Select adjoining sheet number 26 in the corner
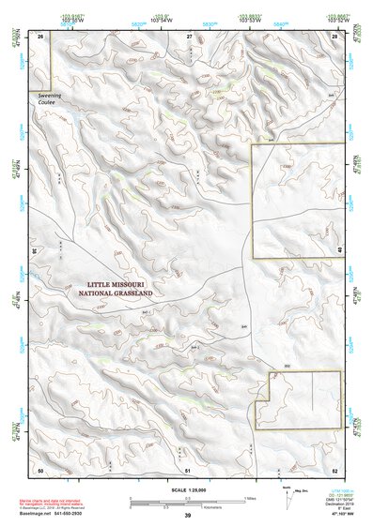coord(40,36)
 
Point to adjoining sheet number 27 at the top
coord(189,36)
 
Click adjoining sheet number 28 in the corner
coord(335,36)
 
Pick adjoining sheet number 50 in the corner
coord(40,469)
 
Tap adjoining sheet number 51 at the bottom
coord(188,469)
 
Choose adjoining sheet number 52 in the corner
coord(335,469)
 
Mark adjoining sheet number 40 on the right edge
coord(339,250)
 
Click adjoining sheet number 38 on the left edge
coord(35,250)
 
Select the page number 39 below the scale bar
coord(188,516)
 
